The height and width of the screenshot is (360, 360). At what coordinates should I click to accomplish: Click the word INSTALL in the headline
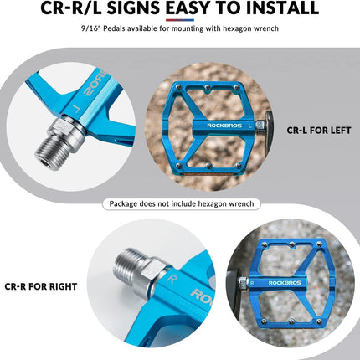(x=282, y=8)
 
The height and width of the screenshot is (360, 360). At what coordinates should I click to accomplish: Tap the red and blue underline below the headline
(x=180, y=20)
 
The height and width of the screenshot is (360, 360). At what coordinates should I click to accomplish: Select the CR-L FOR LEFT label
(x=319, y=131)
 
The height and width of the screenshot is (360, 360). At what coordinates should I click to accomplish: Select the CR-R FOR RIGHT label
(x=41, y=286)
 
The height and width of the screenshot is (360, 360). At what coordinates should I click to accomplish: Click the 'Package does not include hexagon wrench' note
(x=182, y=204)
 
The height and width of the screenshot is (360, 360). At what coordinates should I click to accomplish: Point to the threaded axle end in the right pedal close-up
(x=127, y=263)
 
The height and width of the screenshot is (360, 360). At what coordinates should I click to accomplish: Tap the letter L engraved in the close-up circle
(x=75, y=108)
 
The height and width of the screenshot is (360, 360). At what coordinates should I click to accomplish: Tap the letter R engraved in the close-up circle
(x=171, y=279)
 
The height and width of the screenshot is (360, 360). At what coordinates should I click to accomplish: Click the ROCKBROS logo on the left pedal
(x=224, y=126)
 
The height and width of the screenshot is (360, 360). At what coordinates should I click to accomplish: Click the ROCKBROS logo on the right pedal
(x=285, y=283)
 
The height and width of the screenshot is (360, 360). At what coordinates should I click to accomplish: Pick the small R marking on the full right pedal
(x=252, y=283)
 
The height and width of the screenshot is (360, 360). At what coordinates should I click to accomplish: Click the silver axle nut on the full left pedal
(x=260, y=126)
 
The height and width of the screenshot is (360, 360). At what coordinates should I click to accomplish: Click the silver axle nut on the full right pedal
(x=244, y=283)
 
